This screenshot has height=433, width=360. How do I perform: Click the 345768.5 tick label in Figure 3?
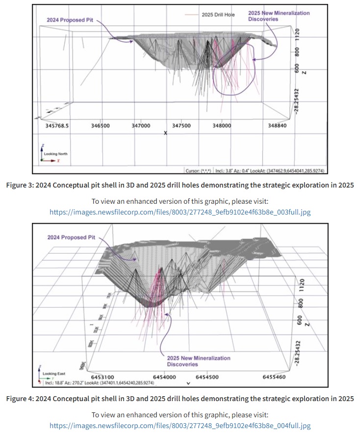[x=56, y=126]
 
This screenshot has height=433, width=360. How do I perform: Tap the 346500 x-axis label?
[x=101, y=126]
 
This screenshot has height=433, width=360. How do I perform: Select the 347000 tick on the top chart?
[x=141, y=126]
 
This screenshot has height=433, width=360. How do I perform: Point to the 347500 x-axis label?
[x=181, y=126]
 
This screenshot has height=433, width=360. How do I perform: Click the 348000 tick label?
[x=222, y=126]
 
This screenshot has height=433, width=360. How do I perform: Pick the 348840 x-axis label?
[x=277, y=126]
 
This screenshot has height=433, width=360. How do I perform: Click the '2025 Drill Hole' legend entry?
[x=218, y=15]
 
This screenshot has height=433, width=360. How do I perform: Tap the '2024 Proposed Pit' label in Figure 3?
[x=69, y=20]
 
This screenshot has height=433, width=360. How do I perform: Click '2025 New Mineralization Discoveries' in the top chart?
[x=279, y=16]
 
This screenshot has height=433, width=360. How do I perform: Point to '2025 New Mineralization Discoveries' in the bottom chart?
[x=198, y=361]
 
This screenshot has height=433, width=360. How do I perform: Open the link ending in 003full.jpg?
[x=180, y=212]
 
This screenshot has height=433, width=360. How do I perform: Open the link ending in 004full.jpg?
[x=180, y=425]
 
